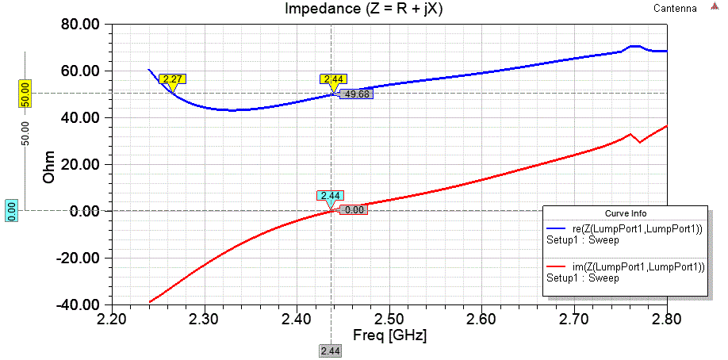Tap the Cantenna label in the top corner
tap(675, 9)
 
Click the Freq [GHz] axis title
tap(389, 335)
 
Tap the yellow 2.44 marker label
tap(332, 79)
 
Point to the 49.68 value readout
tap(355, 94)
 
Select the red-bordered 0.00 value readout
tap(353, 210)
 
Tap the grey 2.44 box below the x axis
tap(331, 350)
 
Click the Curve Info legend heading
tap(626, 213)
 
